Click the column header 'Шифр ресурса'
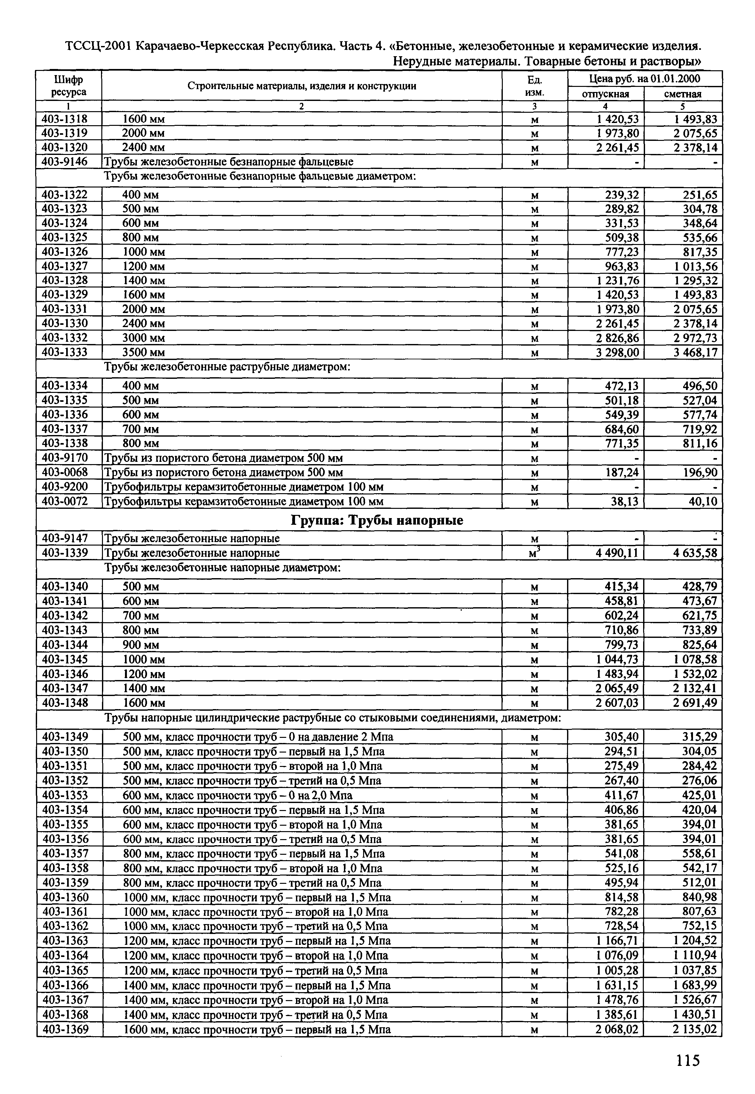pos(69,86)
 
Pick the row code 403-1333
pos(65,352)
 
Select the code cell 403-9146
pos(65,162)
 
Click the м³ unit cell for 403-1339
pos(534,553)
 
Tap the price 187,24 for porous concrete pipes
pos(622,472)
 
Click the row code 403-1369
pos(65,1029)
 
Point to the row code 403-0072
pos(65,501)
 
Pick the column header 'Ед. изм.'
pos(534,86)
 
